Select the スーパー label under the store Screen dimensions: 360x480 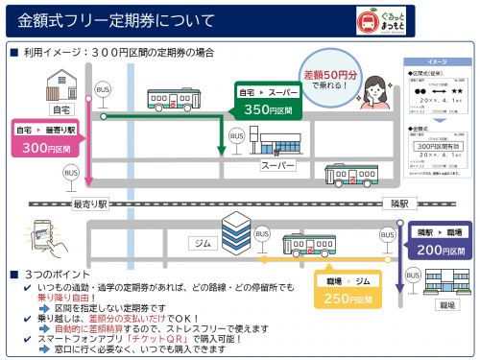(277, 165)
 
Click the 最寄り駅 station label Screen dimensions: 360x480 (91, 204)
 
